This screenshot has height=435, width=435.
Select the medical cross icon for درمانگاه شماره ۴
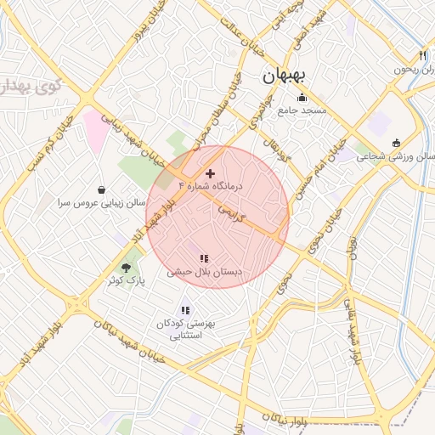coord(211,173)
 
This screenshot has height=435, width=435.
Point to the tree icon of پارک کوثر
coord(127,268)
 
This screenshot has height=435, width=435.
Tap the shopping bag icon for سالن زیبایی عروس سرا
coord(102,189)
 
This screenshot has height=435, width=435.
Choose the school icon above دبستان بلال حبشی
coord(204,258)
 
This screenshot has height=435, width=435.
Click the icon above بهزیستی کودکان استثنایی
coord(185,310)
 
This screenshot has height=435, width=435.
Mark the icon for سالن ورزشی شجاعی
coord(396,143)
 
